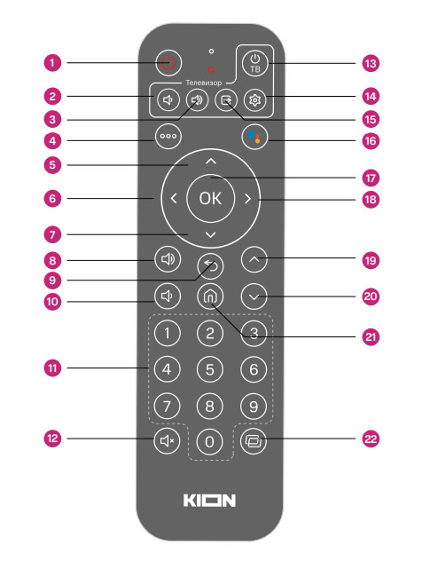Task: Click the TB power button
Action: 254,63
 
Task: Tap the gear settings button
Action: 254,99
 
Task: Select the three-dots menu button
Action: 168,136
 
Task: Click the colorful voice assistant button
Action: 254,137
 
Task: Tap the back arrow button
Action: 210,265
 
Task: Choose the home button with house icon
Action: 210,296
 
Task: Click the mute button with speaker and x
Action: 167,440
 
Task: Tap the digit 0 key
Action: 209,441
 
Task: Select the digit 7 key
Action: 167,407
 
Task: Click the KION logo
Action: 209,501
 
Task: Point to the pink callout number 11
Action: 52,368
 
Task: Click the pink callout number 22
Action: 371,439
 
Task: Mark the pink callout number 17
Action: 371,178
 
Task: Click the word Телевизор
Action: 204,83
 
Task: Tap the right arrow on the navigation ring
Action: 247,199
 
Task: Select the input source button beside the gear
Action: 226,99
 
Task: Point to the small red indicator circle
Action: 211,69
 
